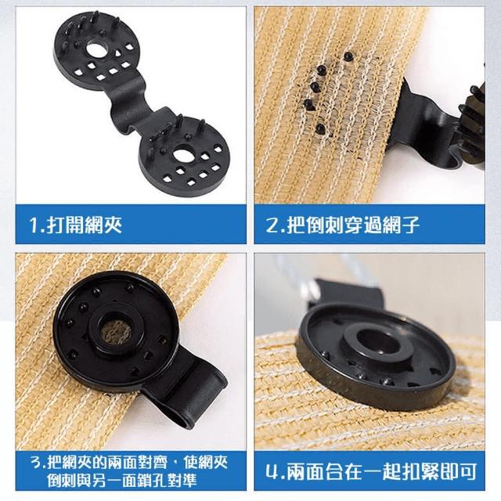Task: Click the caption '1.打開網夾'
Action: point(75,225)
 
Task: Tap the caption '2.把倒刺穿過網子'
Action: point(342,225)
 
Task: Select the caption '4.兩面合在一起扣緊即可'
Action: point(371,470)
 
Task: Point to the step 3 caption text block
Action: point(129,470)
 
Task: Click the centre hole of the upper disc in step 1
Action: point(95,49)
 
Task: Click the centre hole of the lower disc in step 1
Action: point(184,155)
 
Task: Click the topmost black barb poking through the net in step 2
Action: point(348,56)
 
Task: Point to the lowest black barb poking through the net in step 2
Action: point(320,128)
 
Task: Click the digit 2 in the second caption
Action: point(273,225)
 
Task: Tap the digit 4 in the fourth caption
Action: point(272,471)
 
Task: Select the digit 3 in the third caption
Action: point(37,463)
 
